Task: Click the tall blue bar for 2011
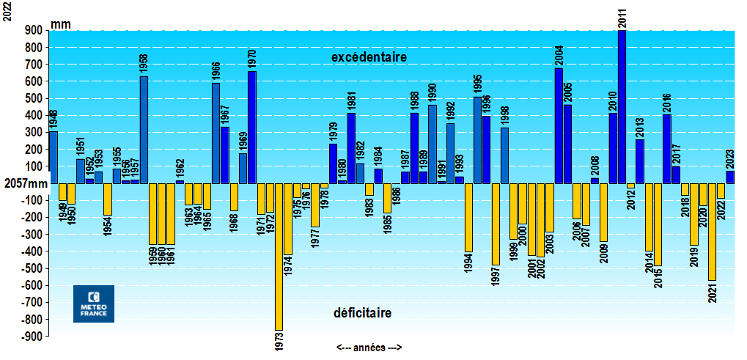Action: click(622, 106)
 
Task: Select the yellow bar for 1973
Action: click(279, 257)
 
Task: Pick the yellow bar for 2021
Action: click(711, 232)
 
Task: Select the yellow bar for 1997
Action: click(496, 224)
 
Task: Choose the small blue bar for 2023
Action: click(730, 177)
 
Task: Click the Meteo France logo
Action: click(93, 304)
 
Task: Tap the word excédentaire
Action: click(369, 56)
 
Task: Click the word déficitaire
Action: click(362, 313)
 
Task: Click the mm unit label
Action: click(61, 25)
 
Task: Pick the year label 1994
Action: click(468, 262)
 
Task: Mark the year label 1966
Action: click(216, 72)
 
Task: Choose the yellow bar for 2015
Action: click(658, 224)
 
